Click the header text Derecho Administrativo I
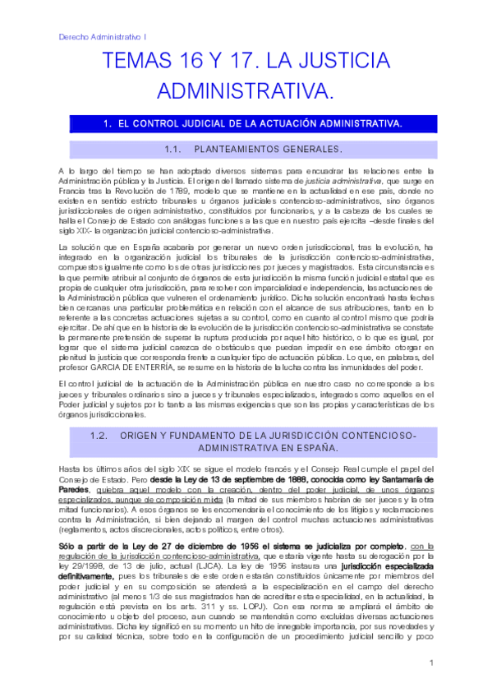point(103,36)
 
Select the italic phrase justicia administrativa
point(308,181)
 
